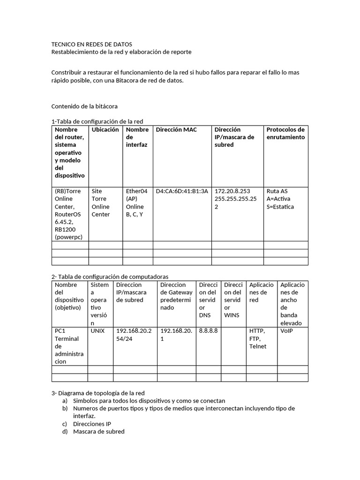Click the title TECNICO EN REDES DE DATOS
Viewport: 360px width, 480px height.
click(x=91, y=44)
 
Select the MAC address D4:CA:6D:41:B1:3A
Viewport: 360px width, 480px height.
click(x=182, y=191)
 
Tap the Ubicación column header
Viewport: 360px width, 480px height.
click(x=105, y=130)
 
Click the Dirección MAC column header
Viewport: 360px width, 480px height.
click(x=176, y=130)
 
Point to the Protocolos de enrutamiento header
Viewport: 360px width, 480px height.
click(x=285, y=134)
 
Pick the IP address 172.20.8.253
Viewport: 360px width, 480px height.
click(x=232, y=191)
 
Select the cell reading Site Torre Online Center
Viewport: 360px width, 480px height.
click(x=101, y=202)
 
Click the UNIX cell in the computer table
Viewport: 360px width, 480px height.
click(x=97, y=331)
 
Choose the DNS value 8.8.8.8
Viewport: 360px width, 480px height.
click(x=208, y=331)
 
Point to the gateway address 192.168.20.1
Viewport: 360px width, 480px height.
click(x=176, y=335)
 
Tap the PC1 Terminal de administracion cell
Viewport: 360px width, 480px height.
click(x=69, y=346)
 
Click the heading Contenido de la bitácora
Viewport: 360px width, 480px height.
click(x=84, y=106)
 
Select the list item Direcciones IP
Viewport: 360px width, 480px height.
click(x=92, y=424)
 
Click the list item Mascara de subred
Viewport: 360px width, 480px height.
click(x=98, y=431)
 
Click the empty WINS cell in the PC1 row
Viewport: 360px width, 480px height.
click(x=233, y=346)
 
